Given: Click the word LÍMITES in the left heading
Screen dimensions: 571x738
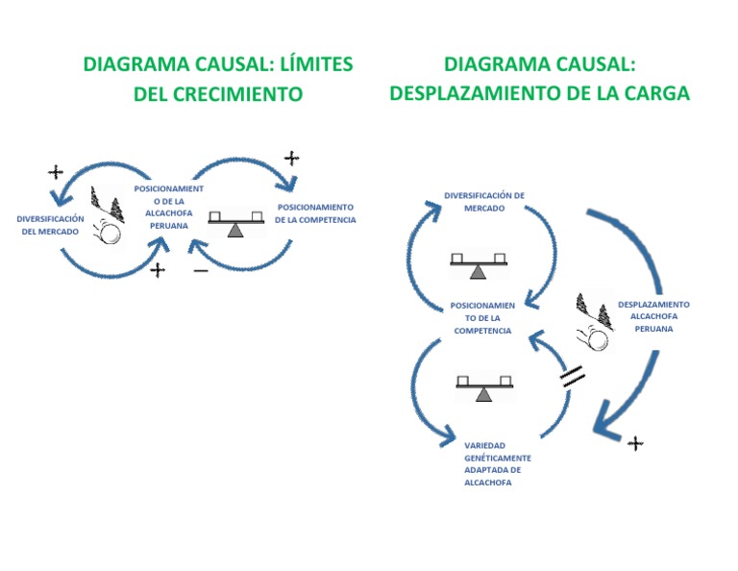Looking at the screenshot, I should [x=315, y=64].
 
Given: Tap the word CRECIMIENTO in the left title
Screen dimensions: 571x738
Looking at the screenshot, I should [x=243, y=94].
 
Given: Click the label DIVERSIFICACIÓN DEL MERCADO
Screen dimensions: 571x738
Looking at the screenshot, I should [x=50, y=225].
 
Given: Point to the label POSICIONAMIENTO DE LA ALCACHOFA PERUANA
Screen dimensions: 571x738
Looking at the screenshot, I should [x=168, y=207].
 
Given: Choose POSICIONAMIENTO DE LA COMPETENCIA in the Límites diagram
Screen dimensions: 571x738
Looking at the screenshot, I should [x=315, y=213].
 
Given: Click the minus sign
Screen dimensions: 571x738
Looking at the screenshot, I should [x=200, y=271].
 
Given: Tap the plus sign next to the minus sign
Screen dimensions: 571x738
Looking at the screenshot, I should [x=159, y=270].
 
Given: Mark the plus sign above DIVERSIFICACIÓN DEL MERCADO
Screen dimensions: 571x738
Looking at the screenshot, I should [x=56, y=172].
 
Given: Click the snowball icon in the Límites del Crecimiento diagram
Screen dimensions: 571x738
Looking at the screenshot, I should [x=109, y=220].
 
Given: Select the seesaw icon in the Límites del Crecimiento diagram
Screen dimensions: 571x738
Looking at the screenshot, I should [x=234, y=222].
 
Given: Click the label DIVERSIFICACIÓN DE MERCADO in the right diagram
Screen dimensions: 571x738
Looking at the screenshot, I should [x=484, y=202].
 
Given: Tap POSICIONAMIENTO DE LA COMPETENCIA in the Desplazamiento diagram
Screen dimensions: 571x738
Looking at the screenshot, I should [x=482, y=318].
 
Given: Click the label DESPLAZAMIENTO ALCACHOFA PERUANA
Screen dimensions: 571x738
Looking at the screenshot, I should [x=653, y=316].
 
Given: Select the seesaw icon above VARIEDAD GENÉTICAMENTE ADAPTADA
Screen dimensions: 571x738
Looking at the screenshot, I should [x=484, y=388].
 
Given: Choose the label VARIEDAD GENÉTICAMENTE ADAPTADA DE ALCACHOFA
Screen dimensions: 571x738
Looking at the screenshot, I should [x=497, y=464].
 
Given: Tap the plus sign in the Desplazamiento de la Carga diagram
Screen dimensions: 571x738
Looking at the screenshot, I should [x=635, y=443].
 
